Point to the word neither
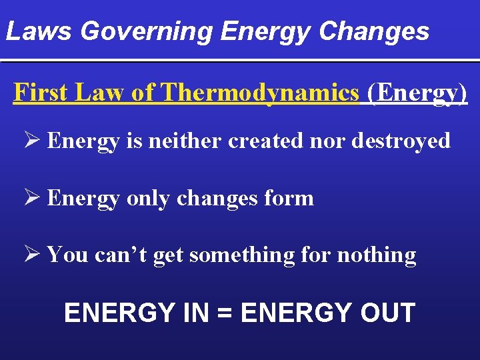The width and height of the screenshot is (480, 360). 187,141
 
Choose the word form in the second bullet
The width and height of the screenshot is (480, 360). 290,199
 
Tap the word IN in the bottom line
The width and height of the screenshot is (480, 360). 199,313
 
